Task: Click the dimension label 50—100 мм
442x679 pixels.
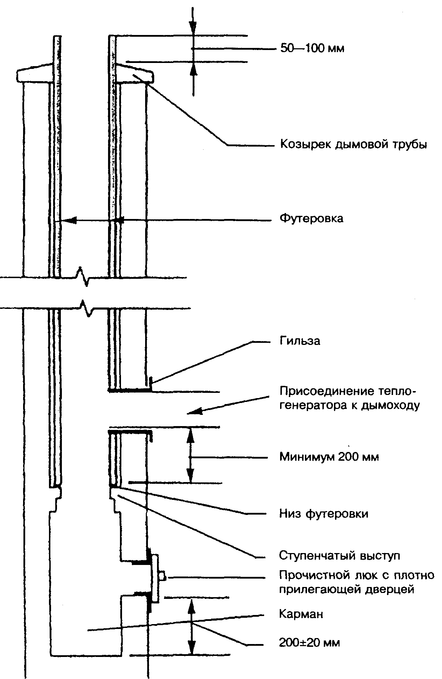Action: [x=312, y=48]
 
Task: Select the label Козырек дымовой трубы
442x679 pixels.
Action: [x=354, y=144]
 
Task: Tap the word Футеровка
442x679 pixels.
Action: [x=311, y=219]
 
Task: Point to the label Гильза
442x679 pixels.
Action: [x=300, y=340]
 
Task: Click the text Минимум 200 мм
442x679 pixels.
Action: [x=329, y=457]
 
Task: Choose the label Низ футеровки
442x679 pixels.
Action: [x=324, y=514]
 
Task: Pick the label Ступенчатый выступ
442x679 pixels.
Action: [x=340, y=556]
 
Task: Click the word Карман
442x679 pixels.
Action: [x=301, y=614]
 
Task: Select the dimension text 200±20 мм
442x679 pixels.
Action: [x=309, y=643]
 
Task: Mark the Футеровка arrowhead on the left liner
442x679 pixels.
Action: [x=69, y=220]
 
